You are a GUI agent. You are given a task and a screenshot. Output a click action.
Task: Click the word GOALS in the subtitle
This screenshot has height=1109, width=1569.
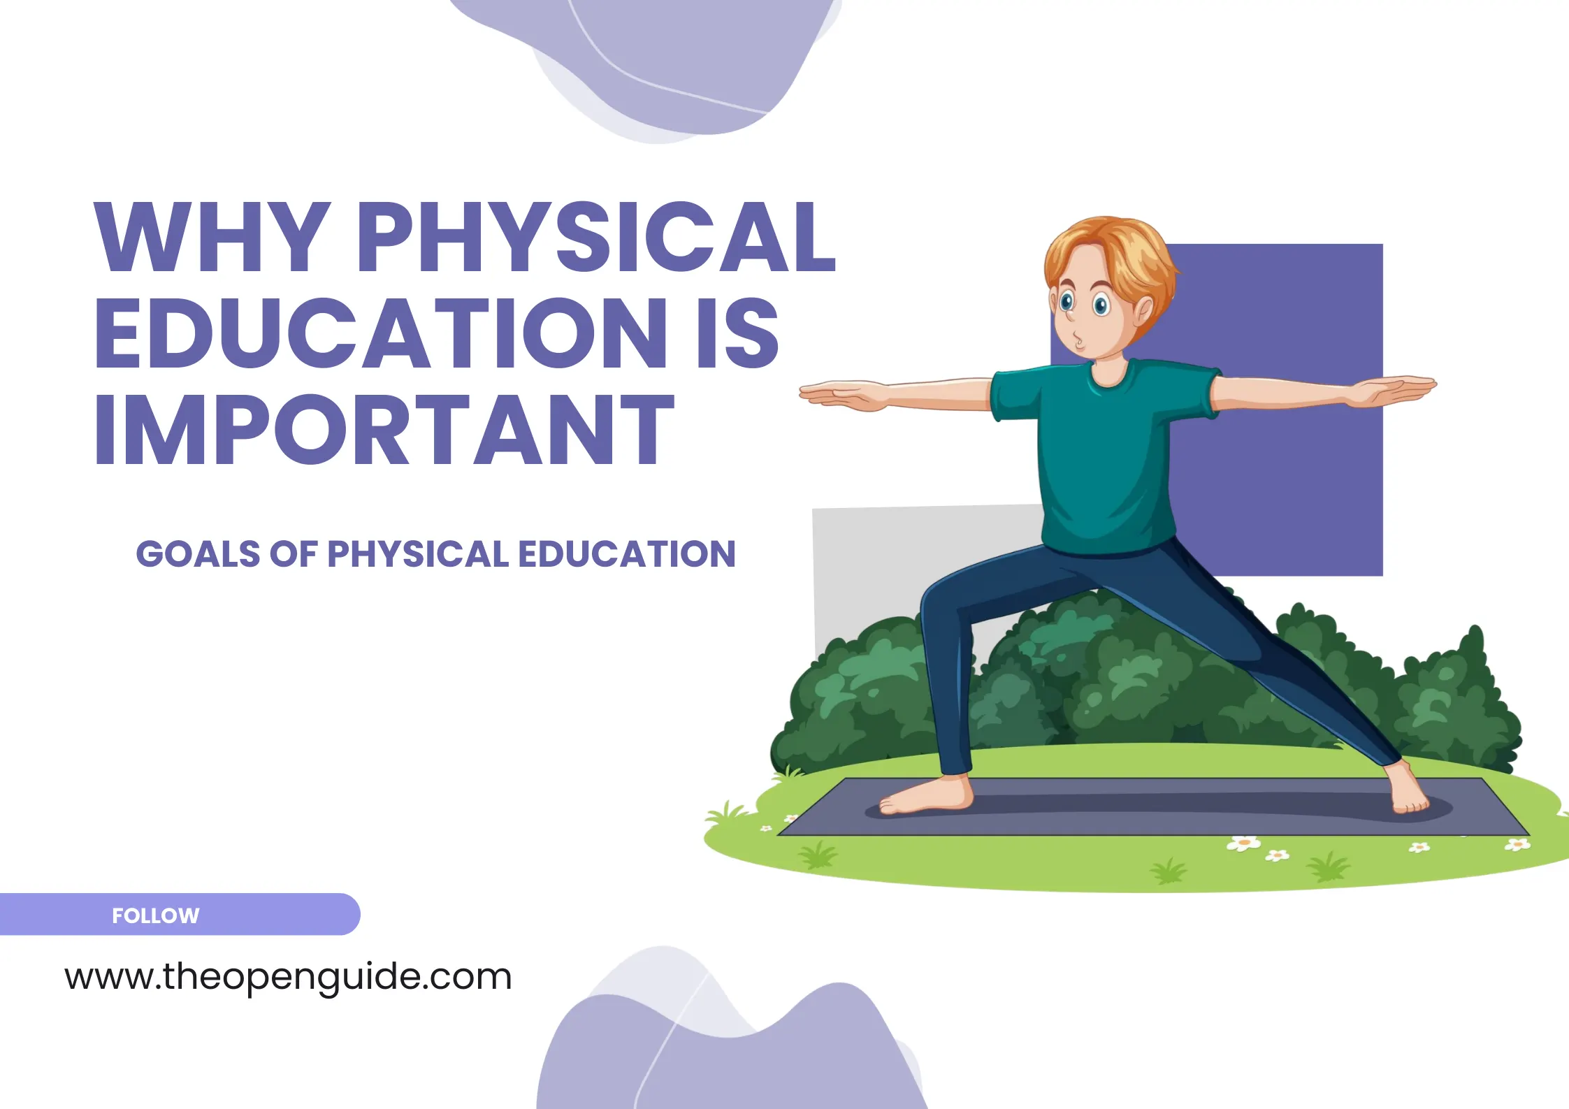[198, 554]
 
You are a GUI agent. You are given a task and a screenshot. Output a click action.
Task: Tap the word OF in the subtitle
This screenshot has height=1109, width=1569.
[294, 554]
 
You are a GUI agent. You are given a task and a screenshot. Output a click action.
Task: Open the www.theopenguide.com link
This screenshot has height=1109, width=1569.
[288, 977]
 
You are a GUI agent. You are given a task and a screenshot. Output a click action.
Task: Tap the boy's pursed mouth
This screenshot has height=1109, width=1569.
[1080, 342]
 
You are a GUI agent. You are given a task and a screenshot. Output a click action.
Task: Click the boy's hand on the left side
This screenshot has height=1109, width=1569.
[839, 394]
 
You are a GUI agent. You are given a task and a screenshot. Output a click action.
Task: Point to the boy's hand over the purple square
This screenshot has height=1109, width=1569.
[1391, 390]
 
